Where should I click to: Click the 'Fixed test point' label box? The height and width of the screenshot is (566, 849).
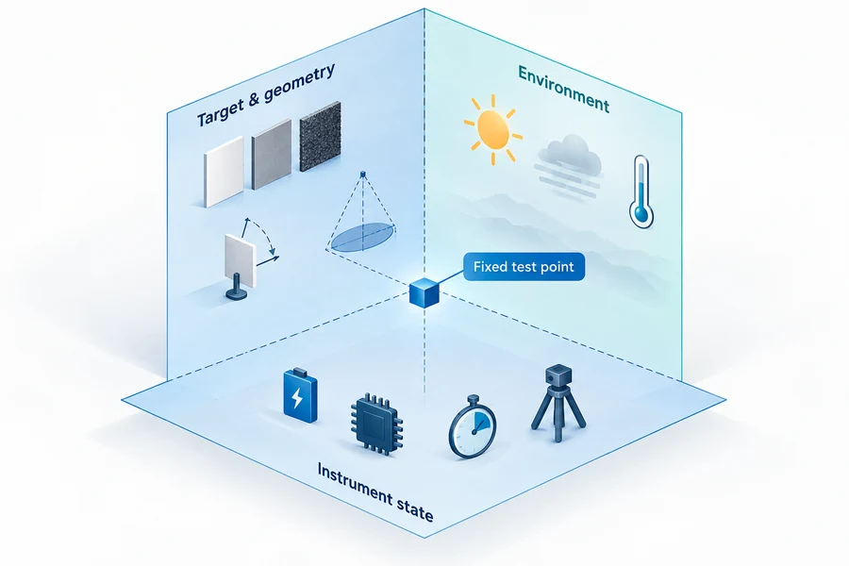point(524,266)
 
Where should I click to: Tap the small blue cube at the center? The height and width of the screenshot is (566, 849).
point(424,292)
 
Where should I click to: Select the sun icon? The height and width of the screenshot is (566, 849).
point(492,129)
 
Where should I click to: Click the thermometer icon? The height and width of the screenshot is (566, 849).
point(641,191)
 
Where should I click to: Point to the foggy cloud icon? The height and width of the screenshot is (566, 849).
point(569,164)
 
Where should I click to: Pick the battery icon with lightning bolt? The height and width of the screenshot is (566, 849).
point(300,395)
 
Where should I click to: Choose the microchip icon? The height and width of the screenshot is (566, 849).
point(376,424)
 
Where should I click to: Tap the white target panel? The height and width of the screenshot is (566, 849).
point(225,171)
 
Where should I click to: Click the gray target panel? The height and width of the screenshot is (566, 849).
point(272,154)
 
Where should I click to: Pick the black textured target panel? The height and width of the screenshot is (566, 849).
point(320,136)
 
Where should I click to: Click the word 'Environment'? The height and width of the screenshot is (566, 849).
point(564,89)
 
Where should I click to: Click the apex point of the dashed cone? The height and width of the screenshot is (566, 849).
point(363,175)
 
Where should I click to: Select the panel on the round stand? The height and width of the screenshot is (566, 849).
point(241,260)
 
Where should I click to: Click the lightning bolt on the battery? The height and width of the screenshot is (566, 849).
point(297,398)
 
